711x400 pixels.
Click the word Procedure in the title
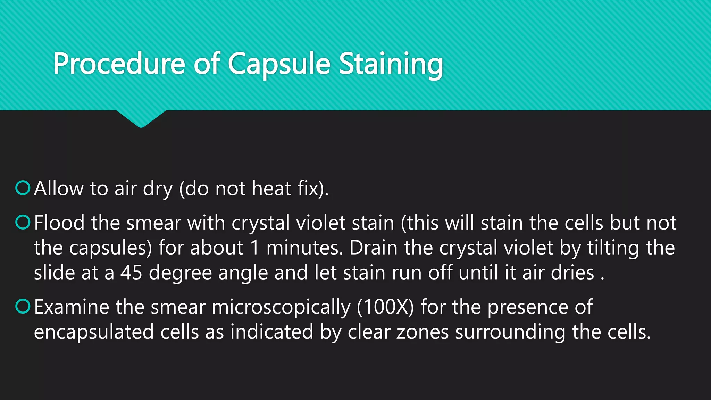[x=119, y=64]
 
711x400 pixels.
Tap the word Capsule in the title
[x=279, y=64]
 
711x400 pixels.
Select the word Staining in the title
[x=391, y=64]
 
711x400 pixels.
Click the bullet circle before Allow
[x=23, y=188]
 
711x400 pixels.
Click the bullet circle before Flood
[x=23, y=222]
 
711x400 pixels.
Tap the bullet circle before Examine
[x=23, y=306]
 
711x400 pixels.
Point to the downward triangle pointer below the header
[x=141, y=119]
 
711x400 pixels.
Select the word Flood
[x=59, y=223]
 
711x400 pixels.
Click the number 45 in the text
[x=131, y=273]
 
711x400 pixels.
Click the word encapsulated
[x=94, y=332]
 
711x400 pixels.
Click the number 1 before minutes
[x=255, y=248]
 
